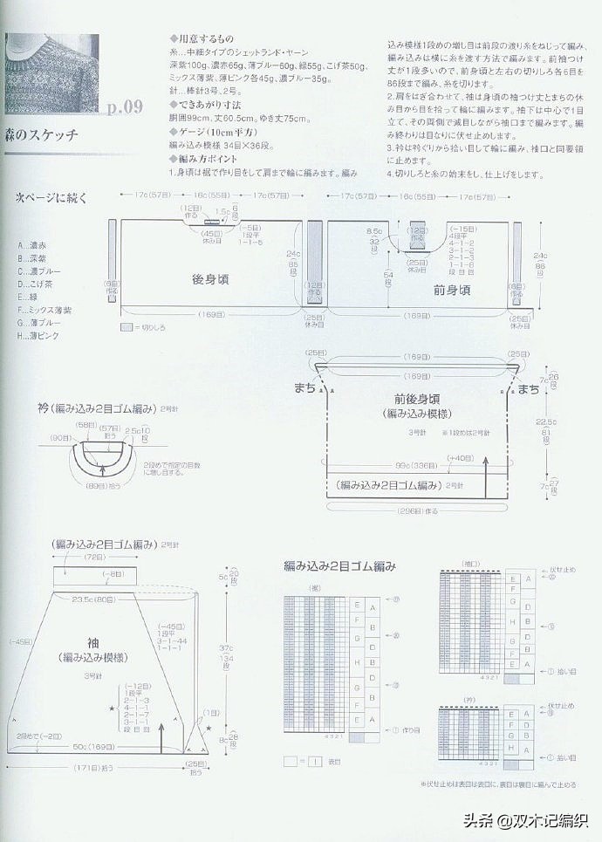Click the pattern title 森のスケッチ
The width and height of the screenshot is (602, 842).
pos(41,134)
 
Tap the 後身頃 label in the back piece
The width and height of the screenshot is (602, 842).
pos(209,279)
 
